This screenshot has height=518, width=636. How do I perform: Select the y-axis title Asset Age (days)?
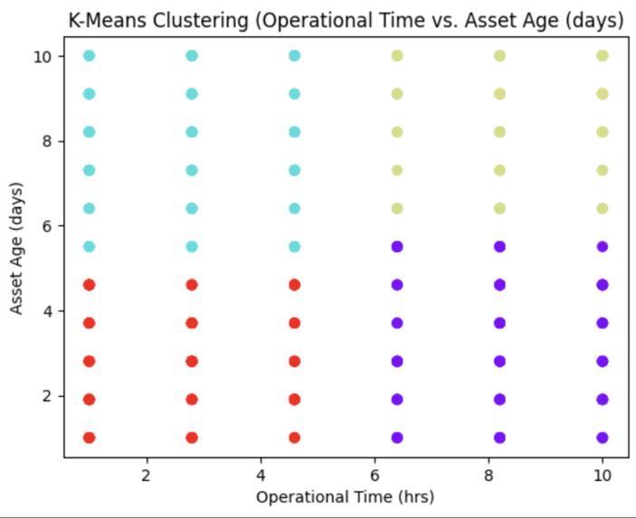click(x=18, y=247)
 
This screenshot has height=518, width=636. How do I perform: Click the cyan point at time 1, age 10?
click(x=89, y=56)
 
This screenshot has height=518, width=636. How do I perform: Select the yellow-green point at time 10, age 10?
click(x=603, y=56)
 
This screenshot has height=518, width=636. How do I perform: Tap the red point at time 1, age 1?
click(x=89, y=438)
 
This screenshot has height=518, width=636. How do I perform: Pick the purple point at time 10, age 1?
click(x=603, y=438)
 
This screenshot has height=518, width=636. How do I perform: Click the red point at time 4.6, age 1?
click(x=294, y=438)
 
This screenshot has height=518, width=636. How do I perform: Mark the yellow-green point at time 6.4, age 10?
click(x=397, y=56)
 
